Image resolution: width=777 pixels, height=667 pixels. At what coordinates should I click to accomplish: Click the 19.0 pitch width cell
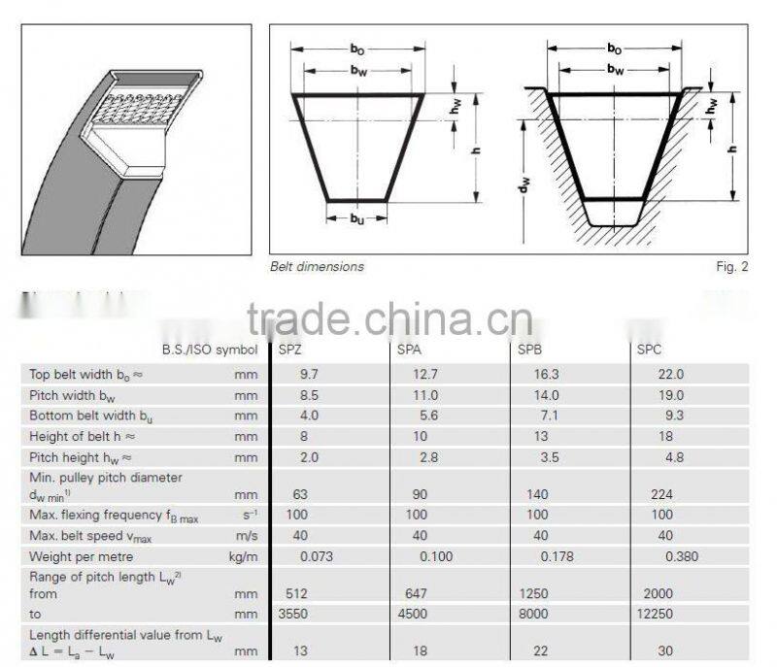pyautogui.click(x=672, y=395)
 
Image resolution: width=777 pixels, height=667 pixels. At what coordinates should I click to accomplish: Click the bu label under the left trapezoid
pyautogui.click(x=357, y=218)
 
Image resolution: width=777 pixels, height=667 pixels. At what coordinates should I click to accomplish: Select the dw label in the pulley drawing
pyautogui.click(x=524, y=183)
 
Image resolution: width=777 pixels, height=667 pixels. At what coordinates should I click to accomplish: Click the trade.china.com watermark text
pyautogui.click(x=388, y=317)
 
